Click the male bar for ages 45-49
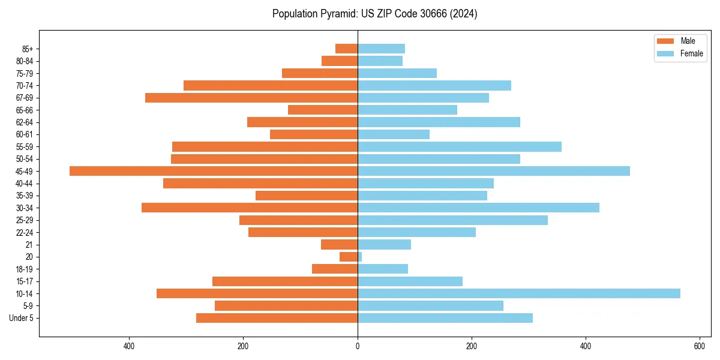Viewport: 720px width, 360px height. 214,171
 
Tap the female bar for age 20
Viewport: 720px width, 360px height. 360,257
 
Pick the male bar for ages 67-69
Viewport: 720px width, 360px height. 251,98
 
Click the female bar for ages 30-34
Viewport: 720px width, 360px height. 478,208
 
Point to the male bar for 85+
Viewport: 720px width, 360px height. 347,49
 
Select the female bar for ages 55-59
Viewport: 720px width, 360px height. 460,146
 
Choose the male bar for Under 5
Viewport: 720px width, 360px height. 277,318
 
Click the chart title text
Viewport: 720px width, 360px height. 374,14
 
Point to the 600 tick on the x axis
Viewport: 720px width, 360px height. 700,346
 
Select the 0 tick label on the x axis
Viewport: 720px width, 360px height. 358,346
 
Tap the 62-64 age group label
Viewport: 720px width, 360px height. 25,122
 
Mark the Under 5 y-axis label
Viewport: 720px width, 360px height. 22,318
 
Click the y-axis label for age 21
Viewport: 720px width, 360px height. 29,245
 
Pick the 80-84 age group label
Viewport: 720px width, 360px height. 25,61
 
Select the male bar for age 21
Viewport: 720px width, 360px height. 340,244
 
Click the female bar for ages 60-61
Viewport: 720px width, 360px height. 394,134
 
